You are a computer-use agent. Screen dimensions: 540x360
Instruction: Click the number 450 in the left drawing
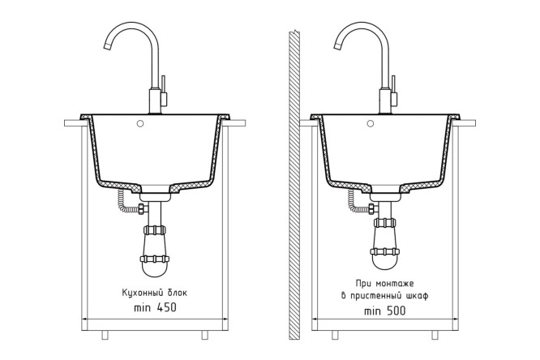coord(167,307)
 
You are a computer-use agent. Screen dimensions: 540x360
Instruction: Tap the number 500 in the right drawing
coord(396,311)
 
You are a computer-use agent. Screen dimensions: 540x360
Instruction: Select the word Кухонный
coord(142,294)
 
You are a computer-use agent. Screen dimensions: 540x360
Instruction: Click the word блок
coord(178,293)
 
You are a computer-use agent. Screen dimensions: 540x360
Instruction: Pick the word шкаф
coord(418,296)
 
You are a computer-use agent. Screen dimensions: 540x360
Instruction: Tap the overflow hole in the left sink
coord(139,123)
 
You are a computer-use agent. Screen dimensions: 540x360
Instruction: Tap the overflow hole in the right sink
coord(371,123)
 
